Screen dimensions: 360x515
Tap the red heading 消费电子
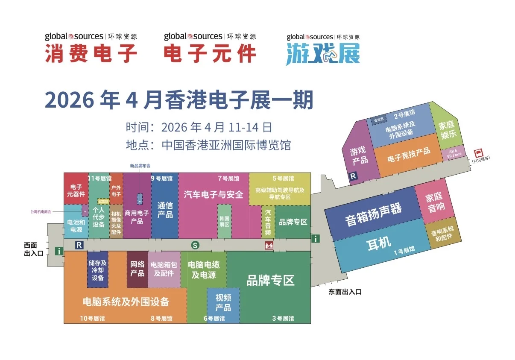point(91,54)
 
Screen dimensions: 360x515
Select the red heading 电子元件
point(210,54)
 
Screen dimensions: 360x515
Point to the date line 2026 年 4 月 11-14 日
point(199,127)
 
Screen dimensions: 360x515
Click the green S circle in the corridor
point(195,245)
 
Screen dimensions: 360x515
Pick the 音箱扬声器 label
point(373,214)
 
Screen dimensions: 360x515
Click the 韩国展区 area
point(224,222)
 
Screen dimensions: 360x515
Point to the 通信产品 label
point(165,210)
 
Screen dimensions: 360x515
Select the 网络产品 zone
point(137,268)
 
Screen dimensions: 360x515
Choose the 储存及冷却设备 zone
point(97,270)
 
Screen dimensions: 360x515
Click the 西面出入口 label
point(34,249)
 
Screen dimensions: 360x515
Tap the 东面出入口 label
point(345,292)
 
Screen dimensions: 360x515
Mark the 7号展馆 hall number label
point(228,179)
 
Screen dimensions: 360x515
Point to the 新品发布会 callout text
point(140,166)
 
